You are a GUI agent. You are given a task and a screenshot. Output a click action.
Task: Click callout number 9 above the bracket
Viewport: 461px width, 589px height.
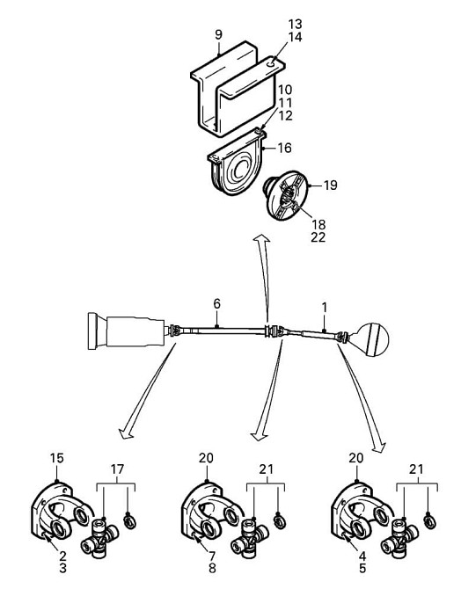218,34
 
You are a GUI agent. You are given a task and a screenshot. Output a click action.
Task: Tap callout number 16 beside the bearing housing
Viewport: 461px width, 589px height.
285,148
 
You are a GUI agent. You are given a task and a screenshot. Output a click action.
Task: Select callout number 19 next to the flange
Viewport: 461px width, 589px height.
331,185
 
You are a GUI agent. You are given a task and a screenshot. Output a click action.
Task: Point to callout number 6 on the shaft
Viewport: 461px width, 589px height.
217,304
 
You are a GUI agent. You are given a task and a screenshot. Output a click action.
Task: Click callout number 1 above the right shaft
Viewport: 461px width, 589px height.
325,308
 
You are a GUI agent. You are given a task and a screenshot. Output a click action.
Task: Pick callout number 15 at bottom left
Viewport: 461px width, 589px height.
57,458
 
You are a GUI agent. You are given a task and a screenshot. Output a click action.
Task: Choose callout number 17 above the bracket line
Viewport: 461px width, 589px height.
117,469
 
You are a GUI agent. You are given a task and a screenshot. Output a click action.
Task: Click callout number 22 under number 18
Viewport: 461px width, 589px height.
318,237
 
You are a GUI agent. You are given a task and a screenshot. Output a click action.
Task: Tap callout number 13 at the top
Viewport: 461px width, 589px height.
296,25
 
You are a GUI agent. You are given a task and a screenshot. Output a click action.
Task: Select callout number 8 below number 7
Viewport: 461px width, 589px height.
212,568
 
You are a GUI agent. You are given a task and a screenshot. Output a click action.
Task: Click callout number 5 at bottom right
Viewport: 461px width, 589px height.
362,568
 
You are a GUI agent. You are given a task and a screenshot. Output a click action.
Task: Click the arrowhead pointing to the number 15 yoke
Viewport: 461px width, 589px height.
126,433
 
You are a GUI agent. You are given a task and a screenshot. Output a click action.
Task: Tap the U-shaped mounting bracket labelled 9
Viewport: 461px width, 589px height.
238,88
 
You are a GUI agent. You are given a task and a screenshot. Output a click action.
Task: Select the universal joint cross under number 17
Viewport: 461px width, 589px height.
100,536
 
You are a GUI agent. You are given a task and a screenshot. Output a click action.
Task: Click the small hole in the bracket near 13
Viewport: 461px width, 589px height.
272,64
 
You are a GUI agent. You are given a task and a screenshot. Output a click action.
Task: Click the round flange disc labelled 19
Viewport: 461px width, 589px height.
287,195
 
